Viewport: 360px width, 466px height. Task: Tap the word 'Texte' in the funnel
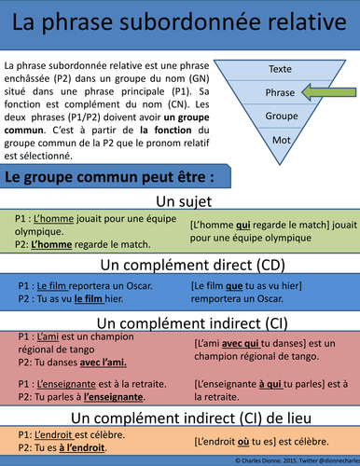[280, 69]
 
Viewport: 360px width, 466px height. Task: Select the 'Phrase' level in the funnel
[280, 92]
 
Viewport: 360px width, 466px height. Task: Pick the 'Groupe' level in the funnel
[280, 116]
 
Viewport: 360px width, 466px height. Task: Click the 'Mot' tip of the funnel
[280, 139]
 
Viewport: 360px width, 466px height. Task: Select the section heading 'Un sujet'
[180, 202]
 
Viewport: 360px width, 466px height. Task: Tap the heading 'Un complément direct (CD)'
[180, 266]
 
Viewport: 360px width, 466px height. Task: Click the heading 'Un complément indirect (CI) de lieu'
[180, 416]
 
